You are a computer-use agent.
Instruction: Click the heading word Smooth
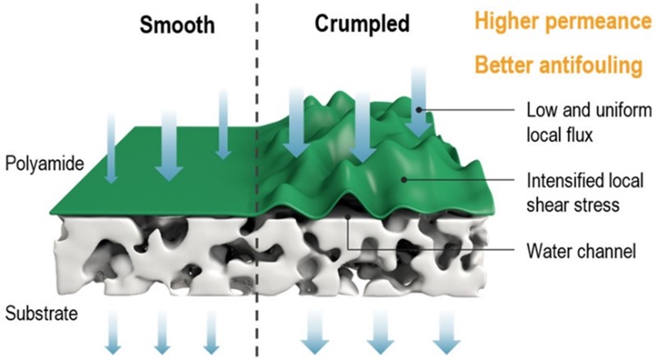176,25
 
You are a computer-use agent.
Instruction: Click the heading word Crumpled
362,25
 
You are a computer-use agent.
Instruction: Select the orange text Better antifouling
565,66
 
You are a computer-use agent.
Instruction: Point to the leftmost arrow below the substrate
116,333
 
